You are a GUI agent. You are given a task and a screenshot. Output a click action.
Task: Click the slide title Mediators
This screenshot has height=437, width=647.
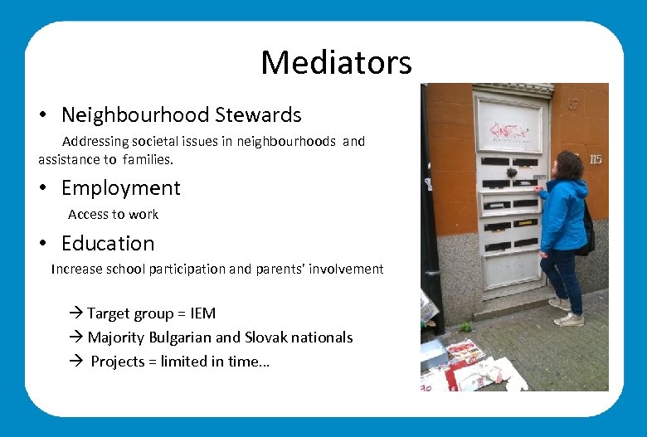(x=336, y=62)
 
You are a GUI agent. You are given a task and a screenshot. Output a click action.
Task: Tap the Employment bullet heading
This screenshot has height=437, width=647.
(x=120, y=188)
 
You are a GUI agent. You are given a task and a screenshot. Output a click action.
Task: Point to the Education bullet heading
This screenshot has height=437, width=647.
(x=108, y=244)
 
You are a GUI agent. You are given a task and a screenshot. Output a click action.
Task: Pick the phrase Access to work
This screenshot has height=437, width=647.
(x=113, y=214)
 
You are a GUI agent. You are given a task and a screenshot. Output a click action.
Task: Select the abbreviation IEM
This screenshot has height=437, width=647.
(x=202, y=313)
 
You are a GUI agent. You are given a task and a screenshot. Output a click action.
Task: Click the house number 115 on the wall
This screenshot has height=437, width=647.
(x=595, y=159)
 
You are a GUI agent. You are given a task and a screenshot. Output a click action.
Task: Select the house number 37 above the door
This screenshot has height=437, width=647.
(x=573, y=105)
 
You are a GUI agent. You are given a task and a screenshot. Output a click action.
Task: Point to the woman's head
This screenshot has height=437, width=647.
(x=570, y=164)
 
